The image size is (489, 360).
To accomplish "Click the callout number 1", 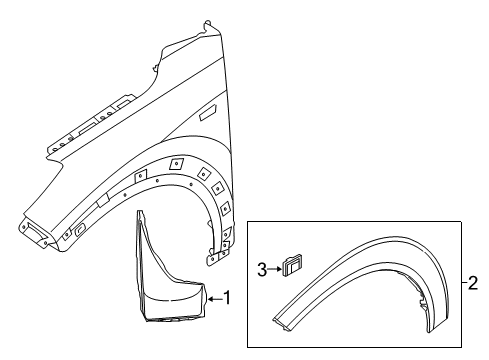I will tap(227, 297).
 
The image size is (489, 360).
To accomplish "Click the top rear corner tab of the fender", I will tap(206, 24).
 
